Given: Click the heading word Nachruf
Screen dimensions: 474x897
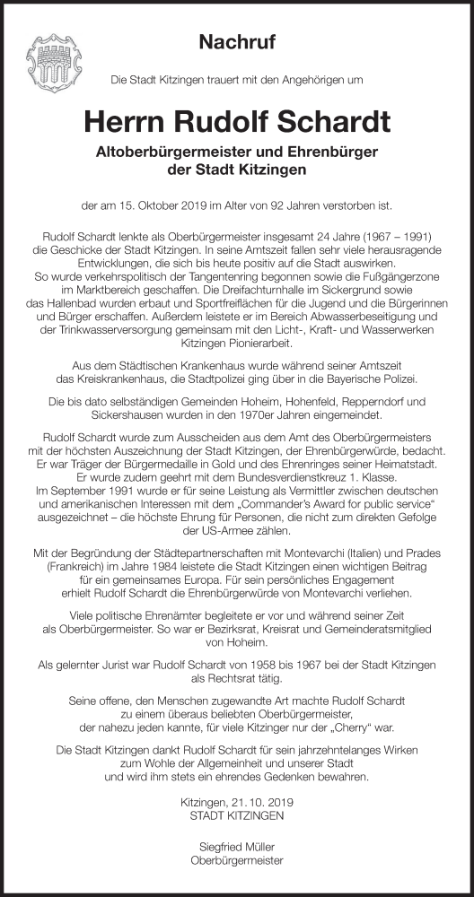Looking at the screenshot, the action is pos(236,42).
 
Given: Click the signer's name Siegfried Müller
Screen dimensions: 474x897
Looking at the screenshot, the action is pos(237,846).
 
